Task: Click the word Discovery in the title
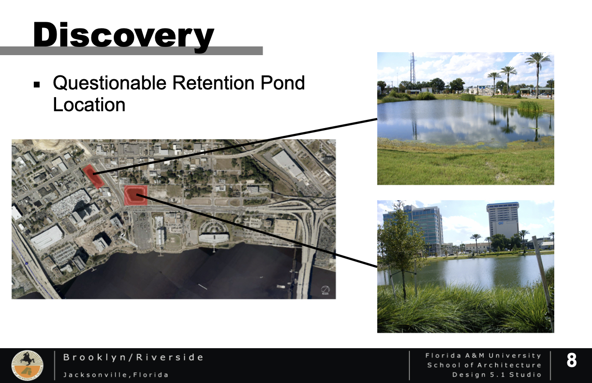pos(123,36)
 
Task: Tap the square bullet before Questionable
pos(37,85)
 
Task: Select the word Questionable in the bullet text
pos(109,83)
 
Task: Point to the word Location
pos(89,105)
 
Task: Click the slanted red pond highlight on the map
pos(93,176)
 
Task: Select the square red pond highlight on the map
pos(135,195)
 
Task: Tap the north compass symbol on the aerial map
pos(326,290)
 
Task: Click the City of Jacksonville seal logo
pos(27,366)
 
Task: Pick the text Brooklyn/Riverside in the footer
pos(133,357)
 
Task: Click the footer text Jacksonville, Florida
pos(116,375)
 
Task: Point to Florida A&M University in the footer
pos(483,355)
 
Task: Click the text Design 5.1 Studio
pos(497,375)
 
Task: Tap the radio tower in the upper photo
pos(413,68)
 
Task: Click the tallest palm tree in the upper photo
pos(538,74)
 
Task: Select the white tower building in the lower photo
pos(503,220)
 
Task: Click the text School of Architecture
pos(484,365)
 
